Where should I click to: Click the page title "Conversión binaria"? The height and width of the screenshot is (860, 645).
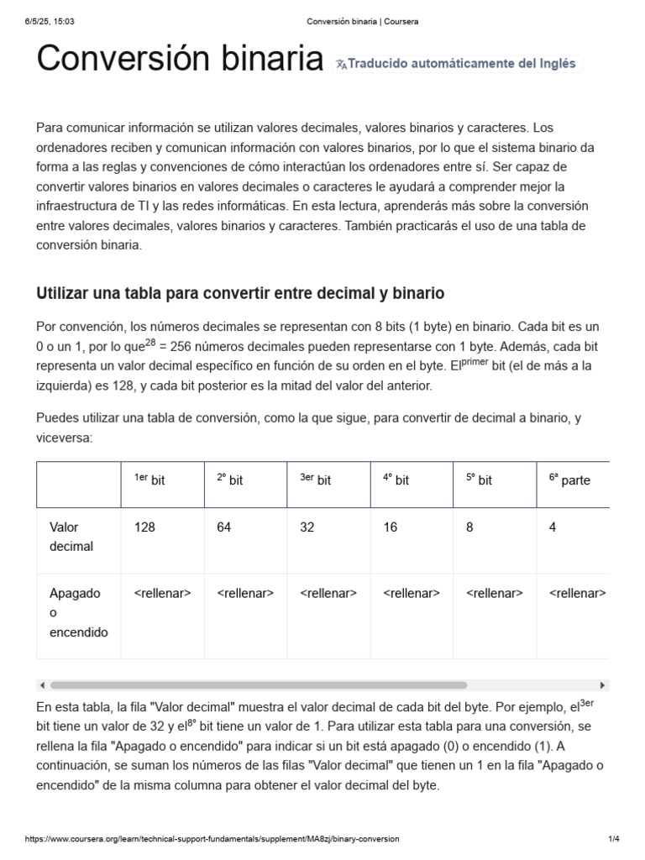point(179,60)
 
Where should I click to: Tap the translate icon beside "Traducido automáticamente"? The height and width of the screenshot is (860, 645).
point(340,64)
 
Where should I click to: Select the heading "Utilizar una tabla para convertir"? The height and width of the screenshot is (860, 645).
point(240,293)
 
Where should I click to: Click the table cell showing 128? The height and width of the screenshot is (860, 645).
point(144,527)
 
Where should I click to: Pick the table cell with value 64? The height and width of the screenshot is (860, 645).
point(224,527)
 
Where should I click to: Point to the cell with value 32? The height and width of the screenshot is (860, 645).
point(307,527)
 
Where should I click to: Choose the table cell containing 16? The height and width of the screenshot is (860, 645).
point(391,527)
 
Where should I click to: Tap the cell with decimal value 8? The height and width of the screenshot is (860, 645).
point(470,527)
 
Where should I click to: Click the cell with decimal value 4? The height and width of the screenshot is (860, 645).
point(553,527)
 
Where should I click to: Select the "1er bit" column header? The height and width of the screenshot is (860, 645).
point(149,480)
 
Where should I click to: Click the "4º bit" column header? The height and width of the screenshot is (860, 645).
point(396,480)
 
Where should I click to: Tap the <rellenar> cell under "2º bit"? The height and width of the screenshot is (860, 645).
point(245,594)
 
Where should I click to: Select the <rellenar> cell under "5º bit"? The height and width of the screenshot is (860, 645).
point(495,594)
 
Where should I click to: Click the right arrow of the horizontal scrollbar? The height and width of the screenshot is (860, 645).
point(602,685)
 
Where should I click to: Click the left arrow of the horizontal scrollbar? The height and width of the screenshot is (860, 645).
point(43,685)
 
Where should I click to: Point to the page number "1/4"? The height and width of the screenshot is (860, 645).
point(613,839)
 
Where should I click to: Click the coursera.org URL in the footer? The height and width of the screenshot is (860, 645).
point(212,839)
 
